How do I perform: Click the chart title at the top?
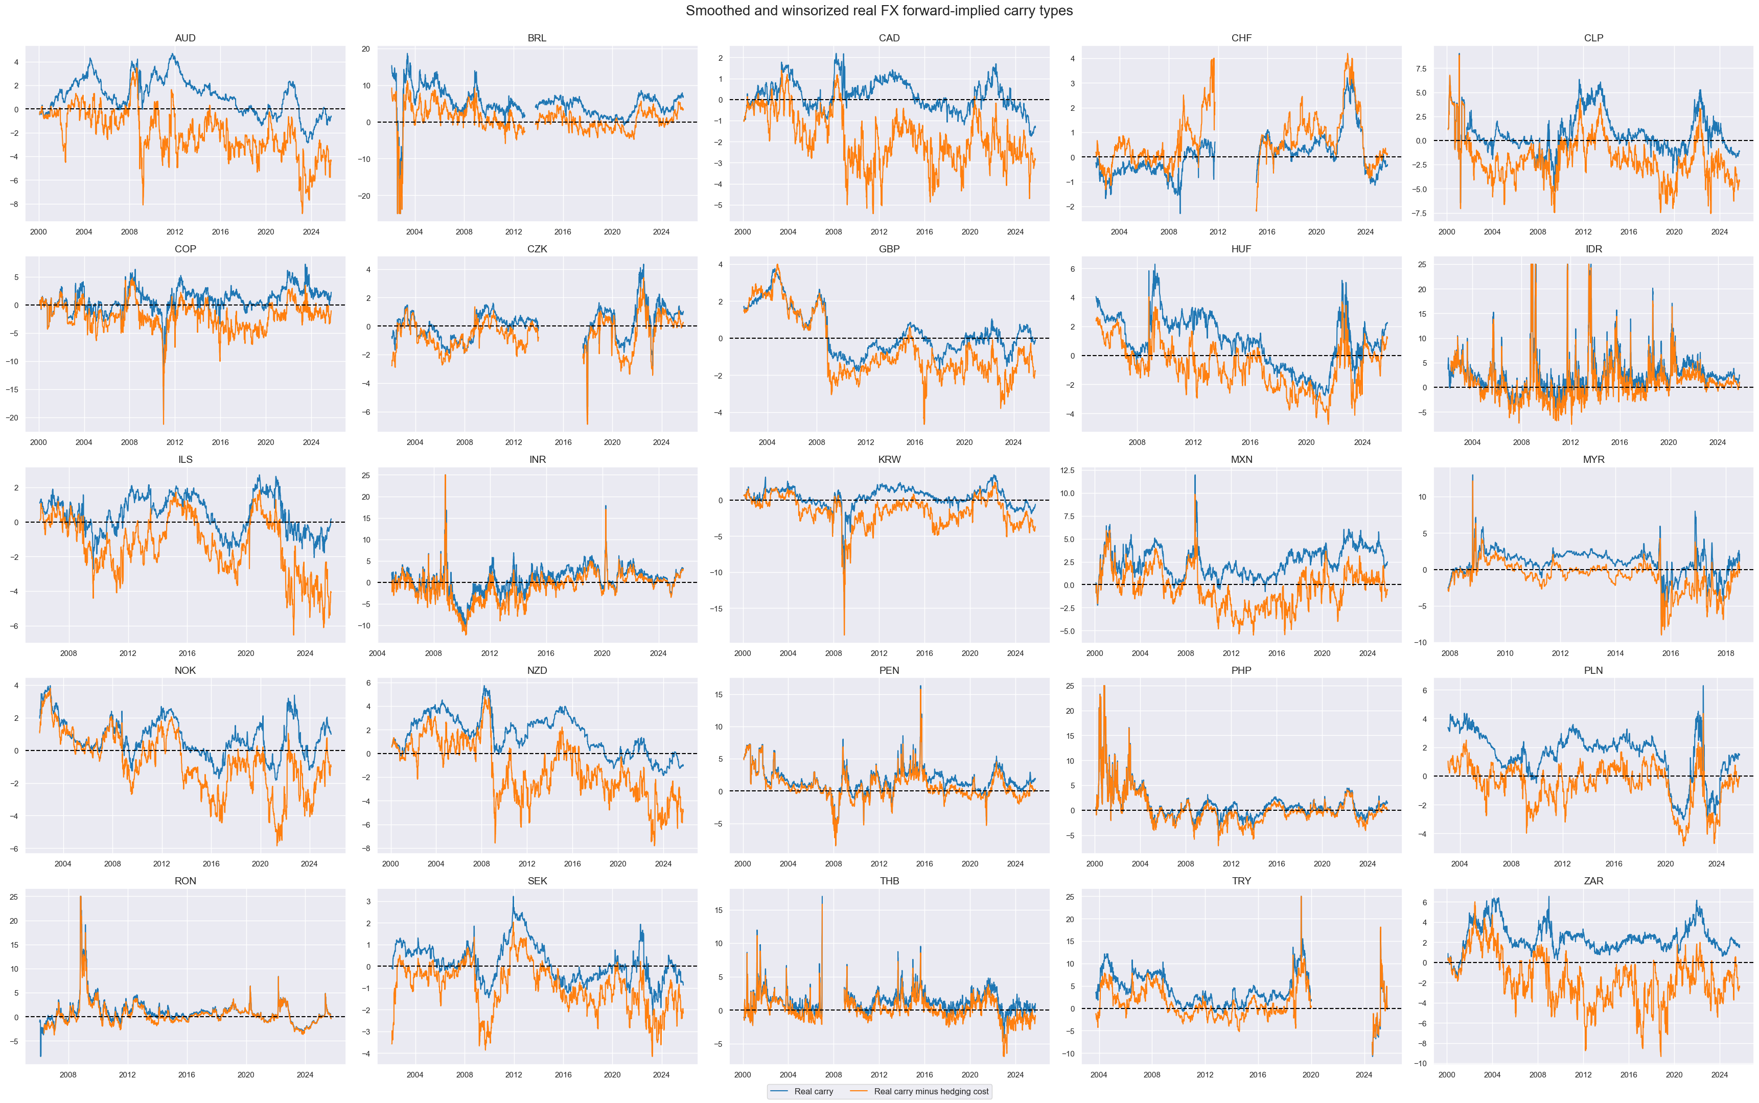click(x=878, y=11)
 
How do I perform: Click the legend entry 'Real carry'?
click(x=813, y=1091)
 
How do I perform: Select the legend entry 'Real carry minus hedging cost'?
click(x=931, y=1091)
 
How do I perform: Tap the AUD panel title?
click(x=186, y=38)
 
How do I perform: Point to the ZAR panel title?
click(x=1593, y=881)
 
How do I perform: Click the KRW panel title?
click(x=889, y=460)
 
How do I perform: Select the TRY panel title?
click(x=1241, y=881)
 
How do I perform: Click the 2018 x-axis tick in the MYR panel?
click(x=1725, y=653)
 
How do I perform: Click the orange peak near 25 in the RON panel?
click(x=80, y=897)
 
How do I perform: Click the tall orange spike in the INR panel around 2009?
click(x=445, y=476)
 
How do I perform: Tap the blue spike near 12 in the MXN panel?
click(x=1195, y=476)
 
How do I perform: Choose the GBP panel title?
click(x=889, y=249)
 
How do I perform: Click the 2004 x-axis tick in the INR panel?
click(x=377, y=653)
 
